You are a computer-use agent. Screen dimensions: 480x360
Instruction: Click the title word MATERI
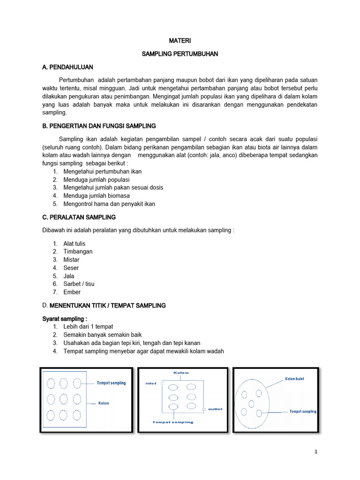[180, 41]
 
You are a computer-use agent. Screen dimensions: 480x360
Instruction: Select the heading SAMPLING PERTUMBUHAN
[180, 54]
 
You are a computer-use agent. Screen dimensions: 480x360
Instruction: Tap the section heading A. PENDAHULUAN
[67, 67]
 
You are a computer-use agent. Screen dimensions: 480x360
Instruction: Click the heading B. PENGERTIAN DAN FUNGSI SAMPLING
[99, 126]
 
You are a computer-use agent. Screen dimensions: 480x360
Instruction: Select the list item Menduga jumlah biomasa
[97, 195]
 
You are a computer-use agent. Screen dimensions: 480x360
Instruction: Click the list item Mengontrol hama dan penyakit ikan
[109, 204]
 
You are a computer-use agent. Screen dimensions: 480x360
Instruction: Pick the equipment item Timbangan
[78, 251]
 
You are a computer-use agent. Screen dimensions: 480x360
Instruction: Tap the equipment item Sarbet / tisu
[79, 284]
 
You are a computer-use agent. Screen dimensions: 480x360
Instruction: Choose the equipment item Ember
[72, 292]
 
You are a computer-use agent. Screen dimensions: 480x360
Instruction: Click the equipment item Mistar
[71, 260]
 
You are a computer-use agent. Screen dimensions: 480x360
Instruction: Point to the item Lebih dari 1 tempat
[88, 326]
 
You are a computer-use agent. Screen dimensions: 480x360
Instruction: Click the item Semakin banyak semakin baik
[102, 335]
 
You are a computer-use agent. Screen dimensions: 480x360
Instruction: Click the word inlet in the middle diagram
[151, 383]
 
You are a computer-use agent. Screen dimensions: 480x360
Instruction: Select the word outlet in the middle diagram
[215, 409]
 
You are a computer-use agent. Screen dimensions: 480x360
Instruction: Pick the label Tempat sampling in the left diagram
[111, 383]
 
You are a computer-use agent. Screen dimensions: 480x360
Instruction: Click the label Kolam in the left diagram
[104, 403]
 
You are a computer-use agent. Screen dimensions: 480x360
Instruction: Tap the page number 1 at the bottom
[316, 452]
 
